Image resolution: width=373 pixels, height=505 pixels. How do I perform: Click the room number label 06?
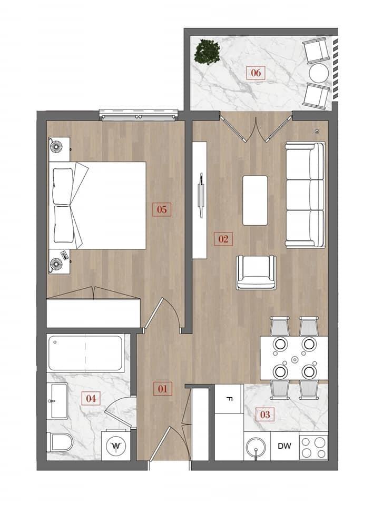click(256, 73)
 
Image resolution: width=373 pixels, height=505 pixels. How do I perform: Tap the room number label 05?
click(162, 210)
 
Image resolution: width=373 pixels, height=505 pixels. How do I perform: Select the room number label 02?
click(223, 239)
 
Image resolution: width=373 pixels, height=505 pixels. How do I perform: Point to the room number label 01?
click(163, 389)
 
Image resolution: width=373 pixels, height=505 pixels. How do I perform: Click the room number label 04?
click(91, 398)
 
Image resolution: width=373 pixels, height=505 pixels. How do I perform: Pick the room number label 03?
click(265, 414)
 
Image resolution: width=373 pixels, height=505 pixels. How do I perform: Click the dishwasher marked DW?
click(284, 446)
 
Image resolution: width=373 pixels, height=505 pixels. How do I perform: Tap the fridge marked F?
click(229, 399)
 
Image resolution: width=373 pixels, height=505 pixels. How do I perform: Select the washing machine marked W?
click(115, 446)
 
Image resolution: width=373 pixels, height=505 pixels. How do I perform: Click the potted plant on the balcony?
click(208, 52)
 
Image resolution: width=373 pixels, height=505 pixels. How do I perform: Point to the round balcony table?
click(319, 73)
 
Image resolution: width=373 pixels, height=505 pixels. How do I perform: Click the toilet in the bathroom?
click(61, 442)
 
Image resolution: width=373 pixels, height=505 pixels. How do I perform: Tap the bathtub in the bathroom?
click(85, 353)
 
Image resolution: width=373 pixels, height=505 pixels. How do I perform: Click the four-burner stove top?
click(313, 447)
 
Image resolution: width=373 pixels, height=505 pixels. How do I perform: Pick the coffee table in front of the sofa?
click(255, 200)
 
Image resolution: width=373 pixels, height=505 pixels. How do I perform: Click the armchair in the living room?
click(256, 272)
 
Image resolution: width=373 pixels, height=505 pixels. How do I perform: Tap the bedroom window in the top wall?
click(139, 115)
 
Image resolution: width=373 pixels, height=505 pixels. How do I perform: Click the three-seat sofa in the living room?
click(305, 195)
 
